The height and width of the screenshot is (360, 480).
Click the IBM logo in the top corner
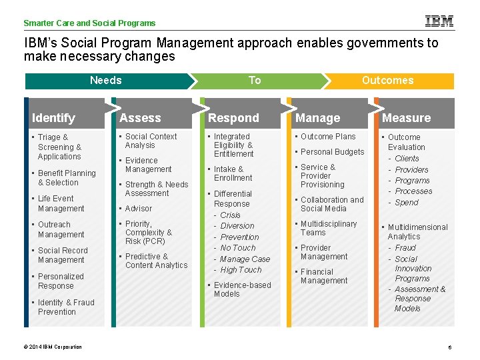[439, 21]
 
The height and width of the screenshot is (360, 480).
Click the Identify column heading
[53, 118]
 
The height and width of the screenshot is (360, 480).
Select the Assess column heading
[140, 118]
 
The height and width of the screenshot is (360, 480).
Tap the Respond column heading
[233, 118]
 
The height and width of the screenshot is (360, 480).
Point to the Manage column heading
[317, 118]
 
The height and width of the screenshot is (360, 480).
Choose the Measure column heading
[406, 118]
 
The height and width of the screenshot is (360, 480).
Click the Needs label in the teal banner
[105, 81]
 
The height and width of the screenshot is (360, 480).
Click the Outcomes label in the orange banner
[387, 81]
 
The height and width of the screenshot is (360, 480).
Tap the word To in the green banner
[255, 81]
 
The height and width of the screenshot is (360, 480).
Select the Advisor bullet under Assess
[139, 209]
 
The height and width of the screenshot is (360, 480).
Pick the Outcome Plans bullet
[328, 137]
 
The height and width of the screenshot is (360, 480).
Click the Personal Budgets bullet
[332, 152]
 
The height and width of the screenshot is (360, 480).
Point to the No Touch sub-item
[238, 248]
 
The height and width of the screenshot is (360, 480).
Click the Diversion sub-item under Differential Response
[237, 226]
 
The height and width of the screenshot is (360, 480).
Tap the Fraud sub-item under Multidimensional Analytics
[405, 248]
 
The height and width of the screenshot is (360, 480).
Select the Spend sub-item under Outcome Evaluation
[407, 203]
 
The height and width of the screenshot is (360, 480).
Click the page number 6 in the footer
[450, 347]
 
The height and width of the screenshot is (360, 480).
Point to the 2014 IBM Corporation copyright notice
[53, 347]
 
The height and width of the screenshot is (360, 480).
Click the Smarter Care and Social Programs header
[89, 23]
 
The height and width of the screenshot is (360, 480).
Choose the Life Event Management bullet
[61, 203]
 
